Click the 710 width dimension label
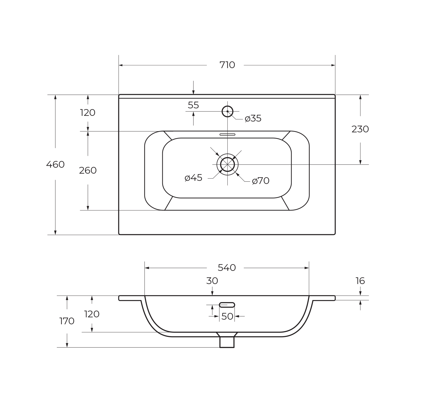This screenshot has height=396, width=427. click(x=227, y=65)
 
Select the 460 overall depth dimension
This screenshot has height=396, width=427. click(x=55, y=164)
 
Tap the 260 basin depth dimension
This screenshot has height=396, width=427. click(x=88, y=170)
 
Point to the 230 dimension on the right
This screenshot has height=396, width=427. click(x=360, y=129)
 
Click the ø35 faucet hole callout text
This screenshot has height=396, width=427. click(x=253, y=118)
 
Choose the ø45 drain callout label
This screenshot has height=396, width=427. click(x=193, y=178)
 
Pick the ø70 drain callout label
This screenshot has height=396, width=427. click(x=261, y=181)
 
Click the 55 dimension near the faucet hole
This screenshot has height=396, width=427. click(x=193, y=105)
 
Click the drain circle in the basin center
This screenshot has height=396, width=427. click(x=227, y=157)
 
